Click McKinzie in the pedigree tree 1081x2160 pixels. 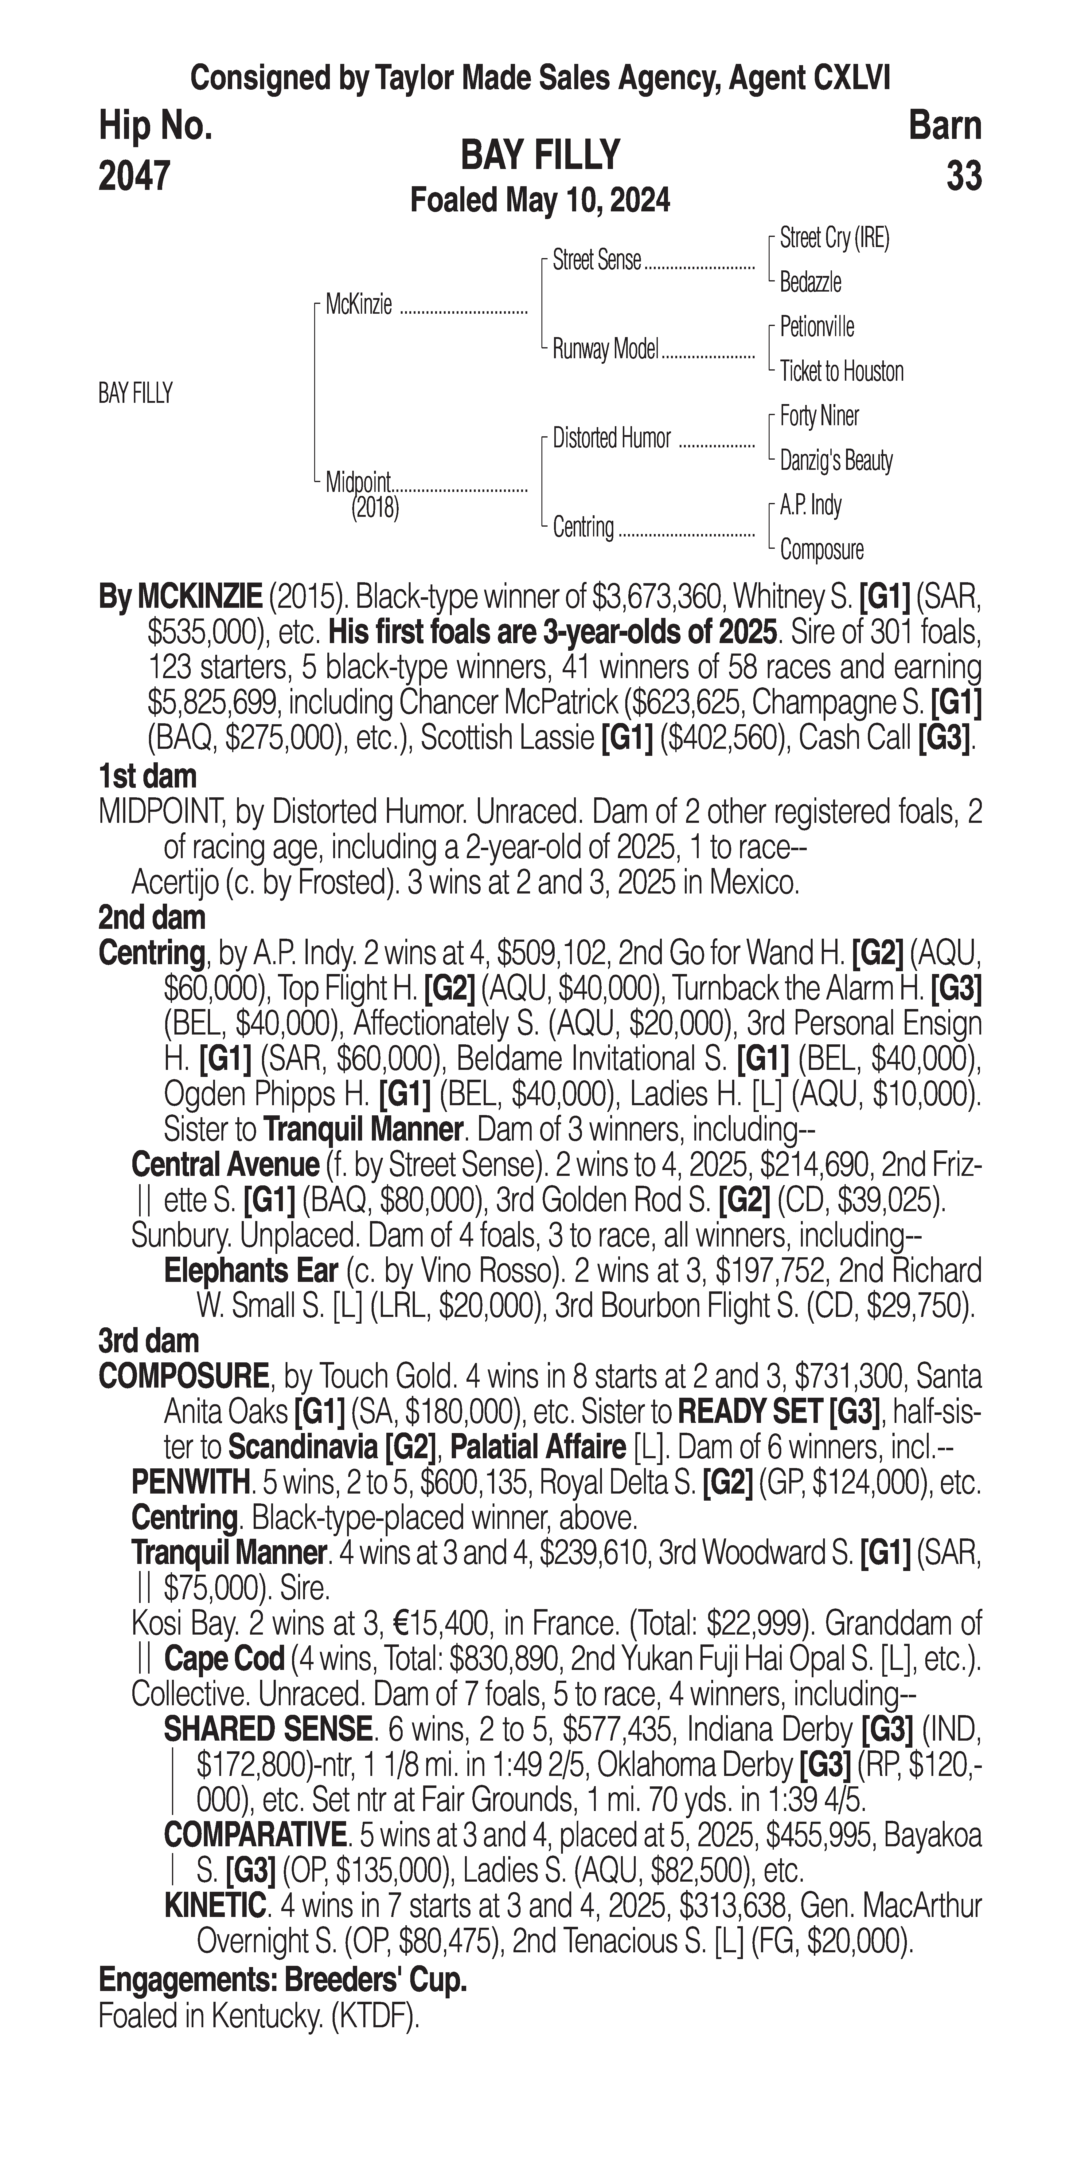click(359, 305)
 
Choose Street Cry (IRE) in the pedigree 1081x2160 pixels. click(834, 238)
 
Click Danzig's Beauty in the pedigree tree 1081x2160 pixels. click(835, 460)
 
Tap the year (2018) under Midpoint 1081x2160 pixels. click(375, 507)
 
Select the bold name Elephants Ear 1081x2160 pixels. click(251, 1271)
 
